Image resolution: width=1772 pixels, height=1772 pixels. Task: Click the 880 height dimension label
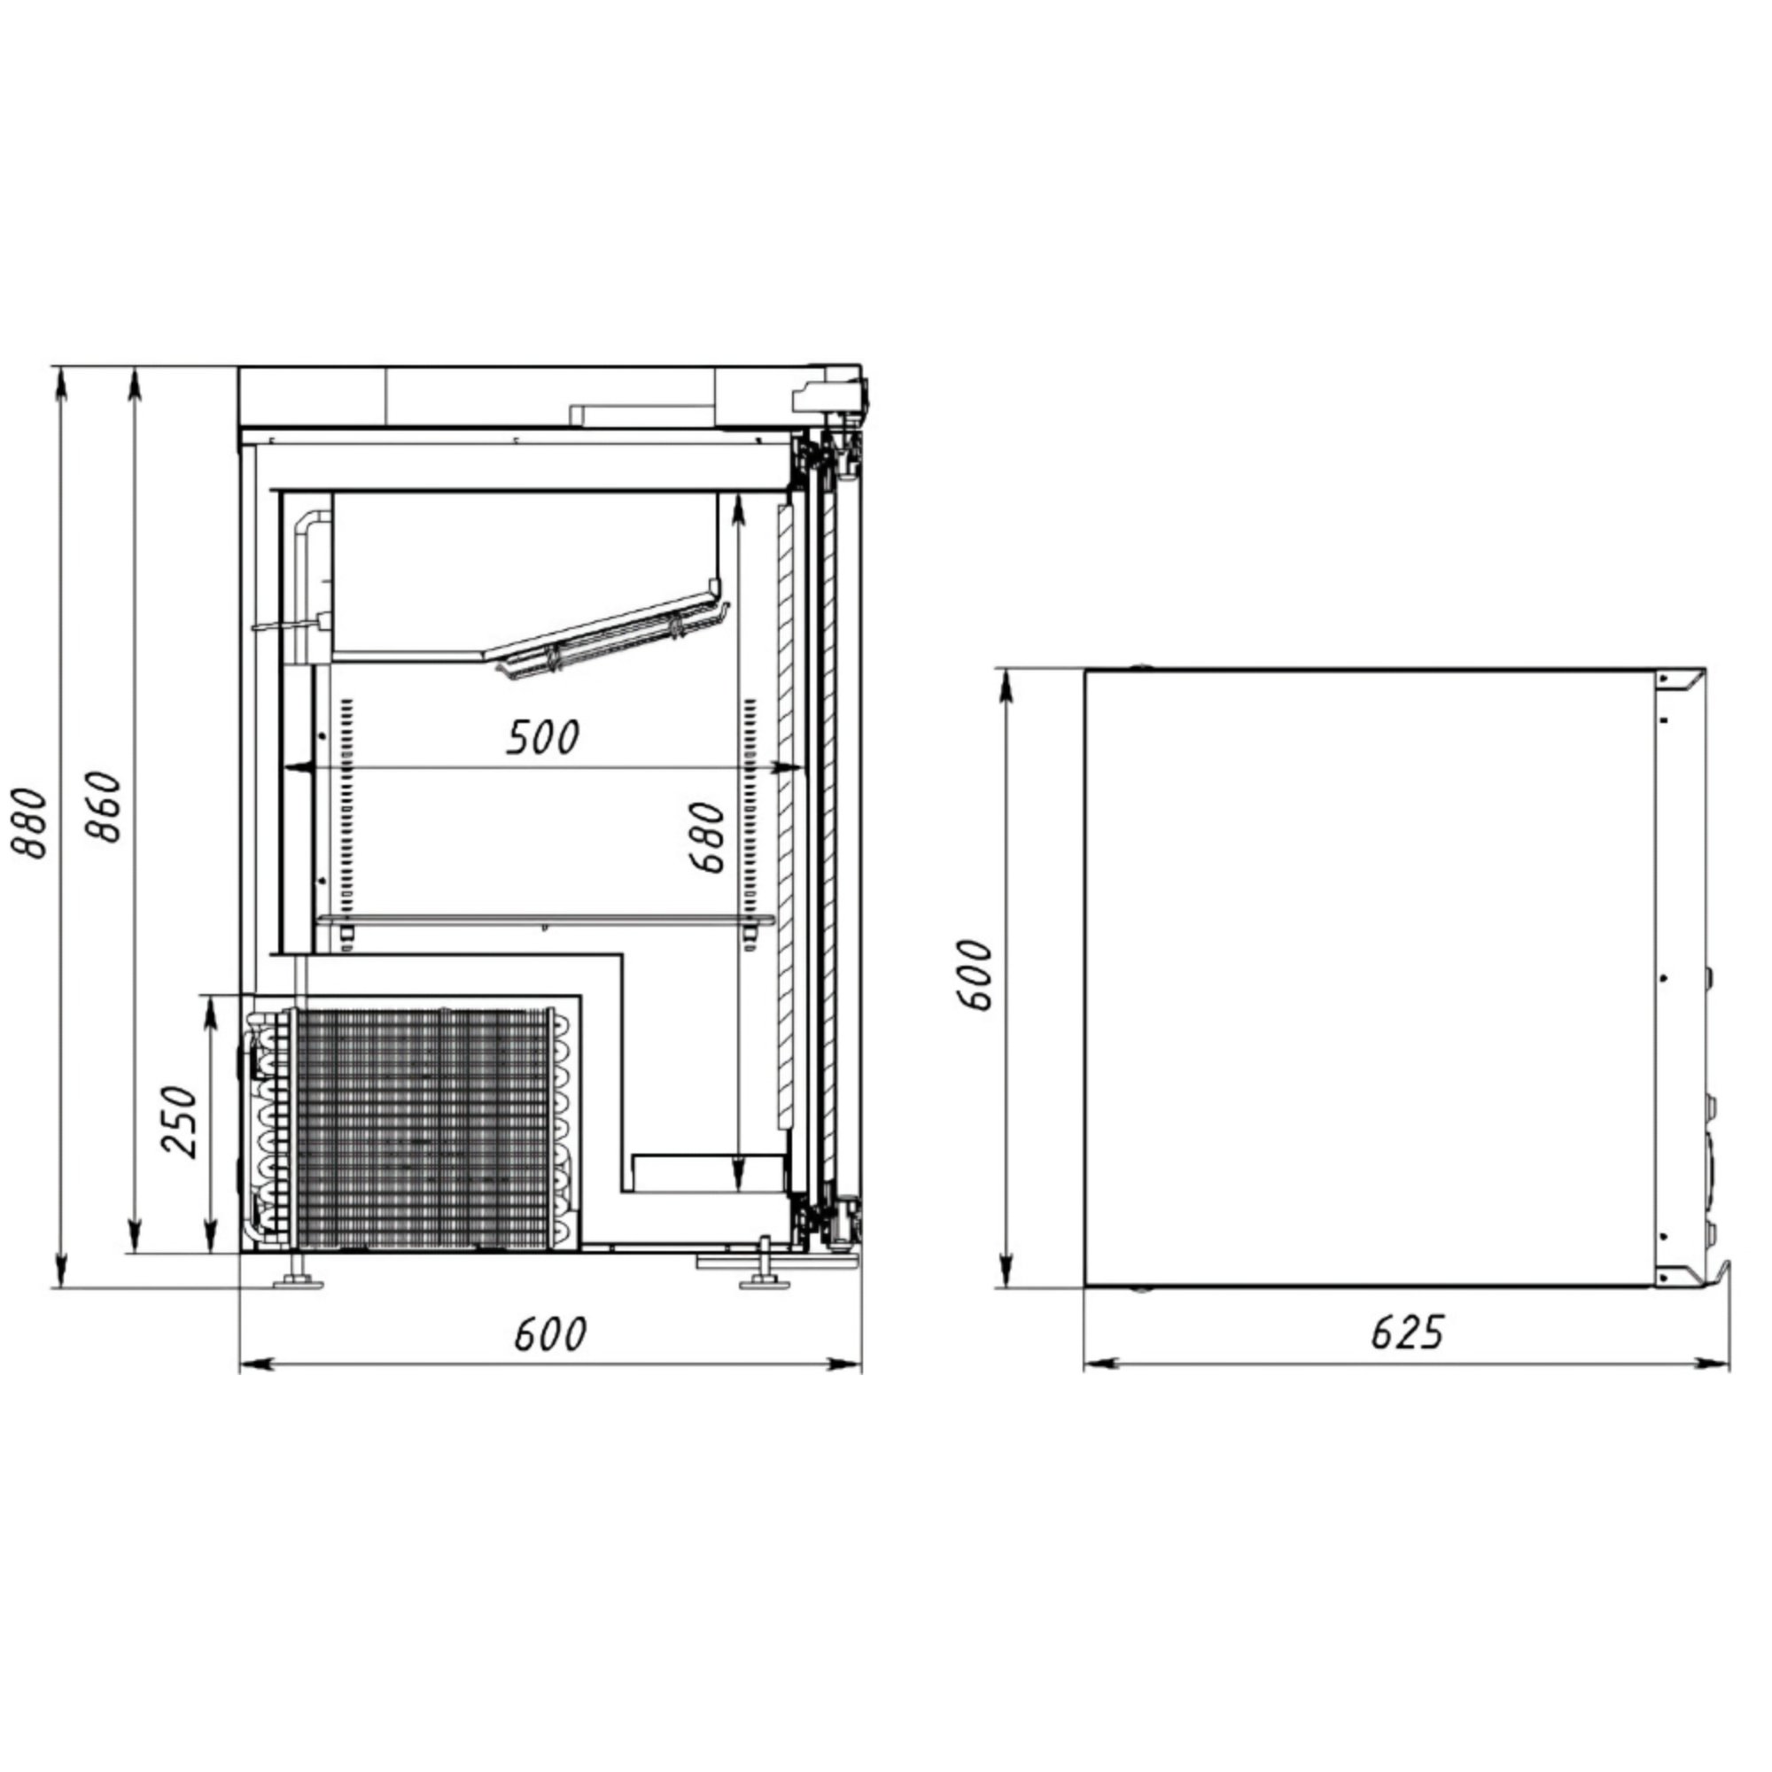click(x=29, y=822)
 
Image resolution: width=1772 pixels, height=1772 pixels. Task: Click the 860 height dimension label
click(x=105, y=808)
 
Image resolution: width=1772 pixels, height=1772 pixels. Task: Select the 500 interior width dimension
click(x=543, y=737)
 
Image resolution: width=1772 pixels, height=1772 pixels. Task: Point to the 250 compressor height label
click(x=180, y=1122)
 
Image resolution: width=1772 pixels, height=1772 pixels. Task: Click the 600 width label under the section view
click(x=549, y=1334)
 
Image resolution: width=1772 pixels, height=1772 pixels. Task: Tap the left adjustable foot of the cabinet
click(x=299, y=1273)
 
